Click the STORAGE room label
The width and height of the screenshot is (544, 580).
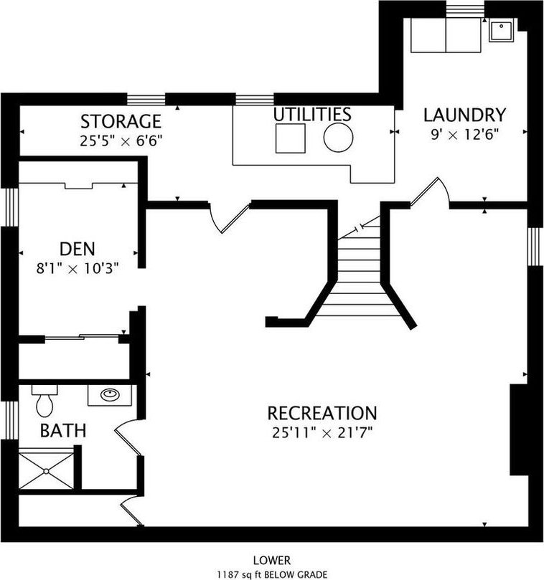(x=121, y=122)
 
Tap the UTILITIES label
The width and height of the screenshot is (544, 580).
(x=312, y=114)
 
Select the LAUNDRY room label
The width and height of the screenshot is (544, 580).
(x=464, y=115)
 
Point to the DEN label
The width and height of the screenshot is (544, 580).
(x=78, y=249)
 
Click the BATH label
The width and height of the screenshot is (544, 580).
(x=63, y=431)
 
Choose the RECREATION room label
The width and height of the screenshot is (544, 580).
(x=322, y=413)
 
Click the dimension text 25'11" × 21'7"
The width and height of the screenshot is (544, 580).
(x=322, y=432)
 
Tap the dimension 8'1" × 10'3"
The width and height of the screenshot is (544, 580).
(x=78, y=268)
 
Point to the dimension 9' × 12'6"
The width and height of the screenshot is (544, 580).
(x=464, y=135)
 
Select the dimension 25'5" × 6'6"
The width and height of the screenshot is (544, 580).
(x=121, y=141)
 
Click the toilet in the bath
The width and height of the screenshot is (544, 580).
(x=44, y=401)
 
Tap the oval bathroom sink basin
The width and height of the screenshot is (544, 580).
(x=110, y=395)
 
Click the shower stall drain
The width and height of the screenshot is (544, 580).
(x=46, y=471)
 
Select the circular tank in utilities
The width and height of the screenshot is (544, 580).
(x=338, y=137)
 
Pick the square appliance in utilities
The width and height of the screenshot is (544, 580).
(x=291, y=138)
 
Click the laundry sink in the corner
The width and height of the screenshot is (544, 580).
(x=502, y=31)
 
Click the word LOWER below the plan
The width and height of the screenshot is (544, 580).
(x=272, y=561)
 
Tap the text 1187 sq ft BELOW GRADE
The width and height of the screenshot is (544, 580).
(x=272, y=574)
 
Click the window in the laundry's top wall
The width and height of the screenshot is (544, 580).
(x=465, y=9)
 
